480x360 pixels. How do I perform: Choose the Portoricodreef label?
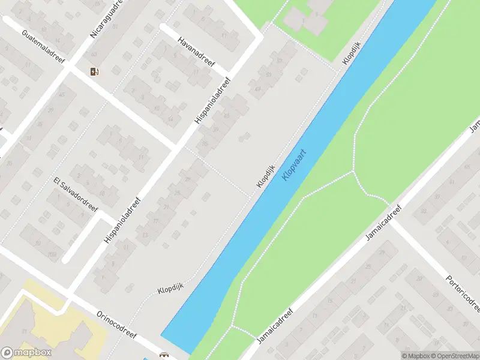tap(463, 293)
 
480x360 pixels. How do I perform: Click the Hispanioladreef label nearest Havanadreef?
tap(212, 101)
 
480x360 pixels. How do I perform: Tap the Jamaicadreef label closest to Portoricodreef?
tap(383, 222)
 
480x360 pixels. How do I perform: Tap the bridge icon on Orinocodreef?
tap(163, 355)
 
